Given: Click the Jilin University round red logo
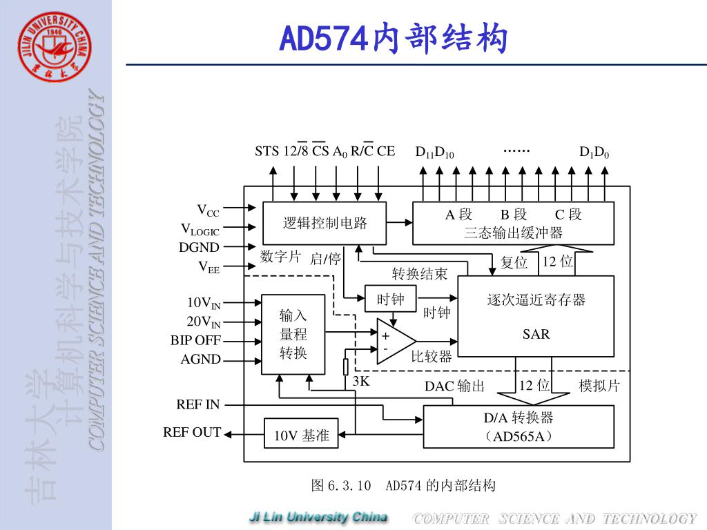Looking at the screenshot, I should pos(55,46).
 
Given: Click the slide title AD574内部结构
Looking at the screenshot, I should pos(394,39).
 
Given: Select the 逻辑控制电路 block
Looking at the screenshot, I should pos(325,223).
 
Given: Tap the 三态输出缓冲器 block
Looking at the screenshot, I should pos(513,224).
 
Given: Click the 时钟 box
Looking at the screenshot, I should pos(390,299).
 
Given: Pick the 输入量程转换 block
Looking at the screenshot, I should pos(293,335).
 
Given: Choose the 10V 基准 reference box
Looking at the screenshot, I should pos(302,435).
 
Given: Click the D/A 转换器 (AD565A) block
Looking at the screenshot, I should pos(518,426).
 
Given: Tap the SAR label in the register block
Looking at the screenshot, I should pos(536,335).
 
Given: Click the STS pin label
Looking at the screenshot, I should pos(267,151).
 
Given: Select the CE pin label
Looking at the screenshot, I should pos(386,151).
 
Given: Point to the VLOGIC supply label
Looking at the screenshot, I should pos(200,229).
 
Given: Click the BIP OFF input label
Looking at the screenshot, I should pos(196,340).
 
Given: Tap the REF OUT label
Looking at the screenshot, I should pos(192,433).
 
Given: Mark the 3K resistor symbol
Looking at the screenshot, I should pos(346,366).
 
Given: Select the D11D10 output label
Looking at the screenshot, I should pos(434,153).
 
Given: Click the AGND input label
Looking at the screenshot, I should pos(201,359).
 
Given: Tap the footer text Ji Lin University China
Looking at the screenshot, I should pos(318,518).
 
